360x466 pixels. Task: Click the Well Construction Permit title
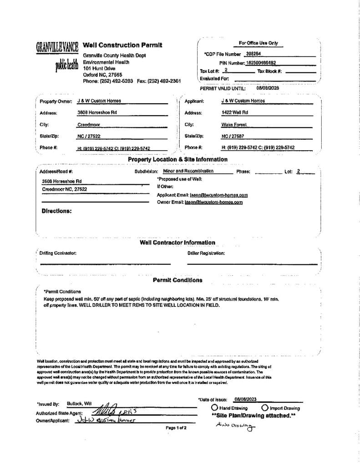[122, 45]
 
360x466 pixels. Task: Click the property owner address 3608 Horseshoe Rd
[97, 112]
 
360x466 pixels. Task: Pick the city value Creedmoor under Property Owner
[89, 124]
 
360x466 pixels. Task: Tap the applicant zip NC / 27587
[233, 136]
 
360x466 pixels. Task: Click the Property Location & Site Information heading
[177, 159]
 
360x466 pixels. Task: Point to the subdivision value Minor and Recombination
[188, 171]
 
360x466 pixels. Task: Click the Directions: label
[56, 211]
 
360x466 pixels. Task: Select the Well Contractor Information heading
[177, 243]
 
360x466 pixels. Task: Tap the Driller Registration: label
[206, 253]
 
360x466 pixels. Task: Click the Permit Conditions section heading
[177, 280]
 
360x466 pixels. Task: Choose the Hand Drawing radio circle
[214, 408]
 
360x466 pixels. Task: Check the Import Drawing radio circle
[265, 408]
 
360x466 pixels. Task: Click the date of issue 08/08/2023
[245, 399]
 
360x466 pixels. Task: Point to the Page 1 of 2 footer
[176, 428]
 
